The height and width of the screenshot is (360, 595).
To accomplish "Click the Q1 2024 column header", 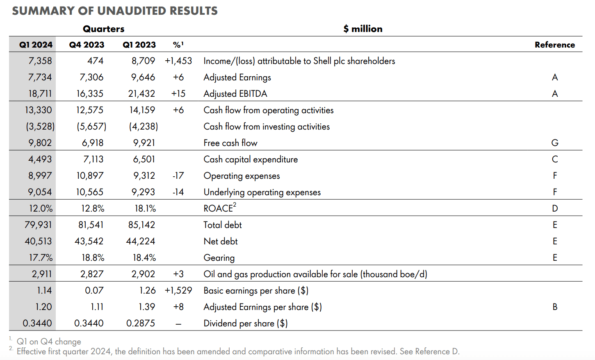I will pos(36,45).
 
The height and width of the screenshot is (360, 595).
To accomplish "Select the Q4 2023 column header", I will pos(87,45).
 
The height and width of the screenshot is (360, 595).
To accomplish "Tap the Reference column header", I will pos(554,45).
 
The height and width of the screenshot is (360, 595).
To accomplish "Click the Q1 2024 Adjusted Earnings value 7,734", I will pos(40,77).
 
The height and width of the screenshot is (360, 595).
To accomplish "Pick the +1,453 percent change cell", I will pos(178,61).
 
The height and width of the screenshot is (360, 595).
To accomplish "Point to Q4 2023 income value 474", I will pos(95,61).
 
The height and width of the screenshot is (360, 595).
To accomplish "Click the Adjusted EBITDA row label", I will pos(235,93).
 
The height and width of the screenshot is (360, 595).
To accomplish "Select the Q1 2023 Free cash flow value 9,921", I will pos(144,143).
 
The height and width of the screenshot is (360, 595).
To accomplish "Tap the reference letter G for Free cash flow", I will pos(554,143).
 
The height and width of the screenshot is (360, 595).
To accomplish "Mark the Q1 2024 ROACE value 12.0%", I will pos(41,208).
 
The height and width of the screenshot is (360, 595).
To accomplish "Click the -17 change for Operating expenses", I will pos(178,175).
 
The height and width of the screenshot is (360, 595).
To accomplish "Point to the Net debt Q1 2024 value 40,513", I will pos(38,241).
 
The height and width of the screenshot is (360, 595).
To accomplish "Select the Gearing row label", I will pos(219,257).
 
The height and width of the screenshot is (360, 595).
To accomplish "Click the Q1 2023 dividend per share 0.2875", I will pos(140,323).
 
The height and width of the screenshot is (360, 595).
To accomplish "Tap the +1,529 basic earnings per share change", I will pos(178,290).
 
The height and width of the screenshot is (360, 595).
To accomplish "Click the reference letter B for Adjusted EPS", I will pos(554,307).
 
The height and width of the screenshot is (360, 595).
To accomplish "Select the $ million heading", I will pos(362,29).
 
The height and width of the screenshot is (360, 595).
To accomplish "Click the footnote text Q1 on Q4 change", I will pos(48,341).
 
